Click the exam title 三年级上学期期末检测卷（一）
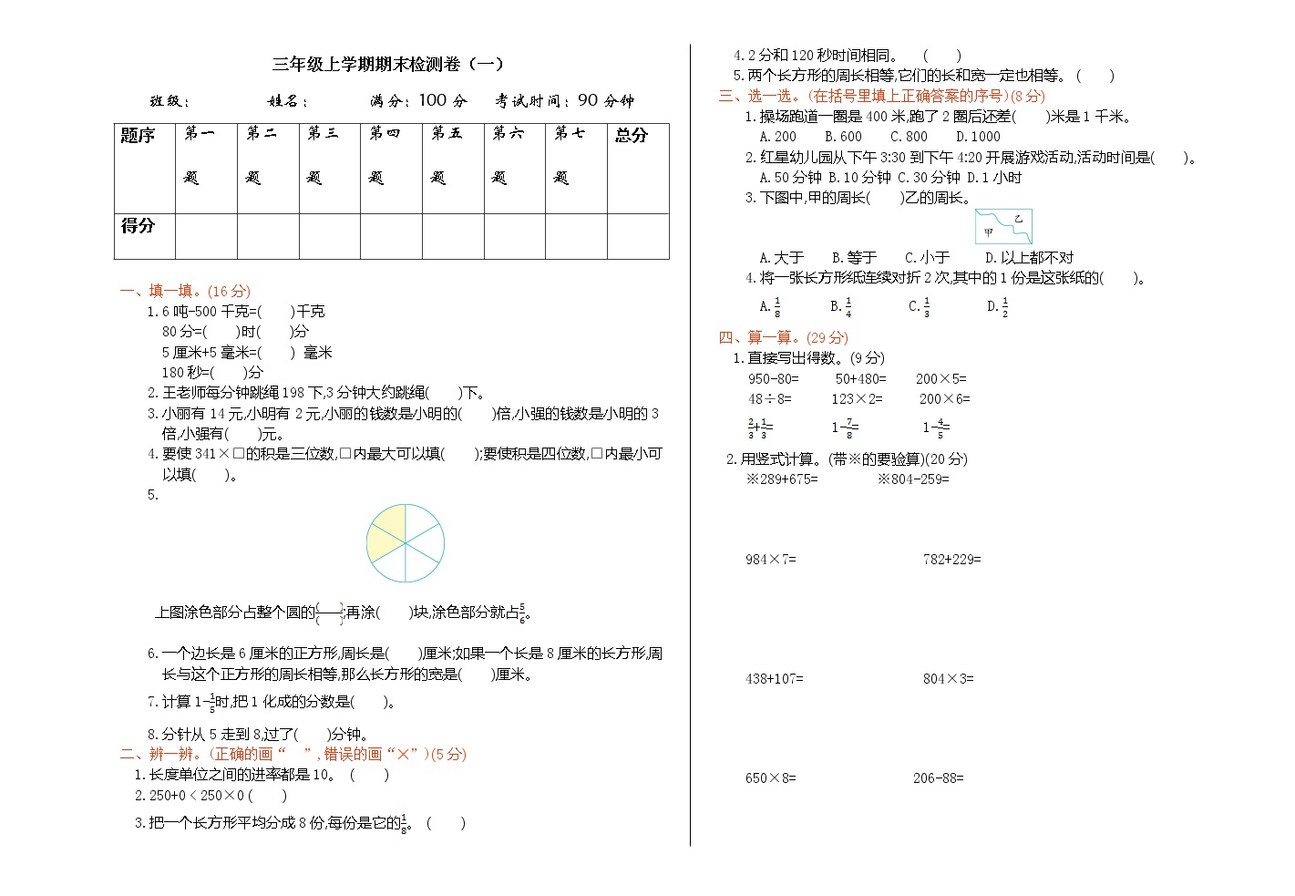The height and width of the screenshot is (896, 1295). (x=388, y=65)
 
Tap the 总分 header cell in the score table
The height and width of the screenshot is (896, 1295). (x=638, y=168)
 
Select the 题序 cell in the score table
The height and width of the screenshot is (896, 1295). (x=144, y=168)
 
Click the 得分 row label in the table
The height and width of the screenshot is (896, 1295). (x=144, y=236)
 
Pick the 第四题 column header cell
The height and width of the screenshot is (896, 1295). (x=391, y=168)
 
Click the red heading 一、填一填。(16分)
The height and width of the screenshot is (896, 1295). (x=185, y=291)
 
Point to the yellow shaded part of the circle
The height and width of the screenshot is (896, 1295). (x=386, y=534)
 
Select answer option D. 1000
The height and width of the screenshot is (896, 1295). (x=978, y=137)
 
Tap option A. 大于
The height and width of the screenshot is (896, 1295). (x=782, y=258)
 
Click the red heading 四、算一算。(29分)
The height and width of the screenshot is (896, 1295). (x=783, y=338)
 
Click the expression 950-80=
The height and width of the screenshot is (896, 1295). (x=773, y=379)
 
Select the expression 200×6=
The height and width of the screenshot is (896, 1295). (x=944, y=399)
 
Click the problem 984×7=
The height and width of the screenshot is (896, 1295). (x=770, y=560)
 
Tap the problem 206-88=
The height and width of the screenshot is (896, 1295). (x=938, y=778)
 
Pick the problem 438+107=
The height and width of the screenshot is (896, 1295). (x=774, y=679)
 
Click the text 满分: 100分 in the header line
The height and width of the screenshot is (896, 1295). (x=418, y=101)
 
